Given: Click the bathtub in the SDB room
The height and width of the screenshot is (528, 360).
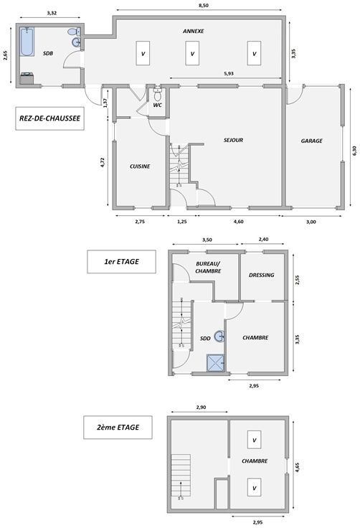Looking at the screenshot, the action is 27,42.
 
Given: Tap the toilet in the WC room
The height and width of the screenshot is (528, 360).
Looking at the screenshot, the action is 157,94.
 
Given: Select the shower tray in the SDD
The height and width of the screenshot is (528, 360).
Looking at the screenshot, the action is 215,363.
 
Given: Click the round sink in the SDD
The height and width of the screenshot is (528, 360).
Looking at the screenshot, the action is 220,336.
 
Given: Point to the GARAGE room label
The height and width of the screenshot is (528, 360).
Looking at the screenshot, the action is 311,141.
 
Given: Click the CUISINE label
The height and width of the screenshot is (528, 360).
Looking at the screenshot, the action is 140,166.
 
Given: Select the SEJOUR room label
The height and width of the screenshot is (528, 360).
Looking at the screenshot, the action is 233,140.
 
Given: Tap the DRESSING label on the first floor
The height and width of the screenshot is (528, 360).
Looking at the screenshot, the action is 261,275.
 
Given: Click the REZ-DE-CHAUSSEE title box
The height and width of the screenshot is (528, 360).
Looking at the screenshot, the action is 49,118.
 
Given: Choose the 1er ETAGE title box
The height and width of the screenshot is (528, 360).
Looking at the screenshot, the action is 121,262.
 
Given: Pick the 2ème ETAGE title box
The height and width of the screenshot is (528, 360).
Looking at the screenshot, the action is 118,428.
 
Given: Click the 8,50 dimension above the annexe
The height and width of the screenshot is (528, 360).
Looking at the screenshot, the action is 203,6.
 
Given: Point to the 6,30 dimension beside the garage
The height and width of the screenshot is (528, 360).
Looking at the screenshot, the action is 354,151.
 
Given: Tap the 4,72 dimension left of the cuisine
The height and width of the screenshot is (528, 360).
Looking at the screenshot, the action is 103,162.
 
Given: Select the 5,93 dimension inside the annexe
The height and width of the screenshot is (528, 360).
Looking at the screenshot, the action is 229,73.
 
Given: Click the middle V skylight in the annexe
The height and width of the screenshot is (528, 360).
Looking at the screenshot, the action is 192,53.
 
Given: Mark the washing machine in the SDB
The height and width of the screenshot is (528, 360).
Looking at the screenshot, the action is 27,78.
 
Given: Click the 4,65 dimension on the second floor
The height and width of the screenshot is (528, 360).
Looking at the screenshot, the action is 298,468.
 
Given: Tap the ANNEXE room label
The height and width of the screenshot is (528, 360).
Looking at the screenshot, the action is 194,31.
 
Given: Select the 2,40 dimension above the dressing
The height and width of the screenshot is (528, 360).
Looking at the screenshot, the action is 263,240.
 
